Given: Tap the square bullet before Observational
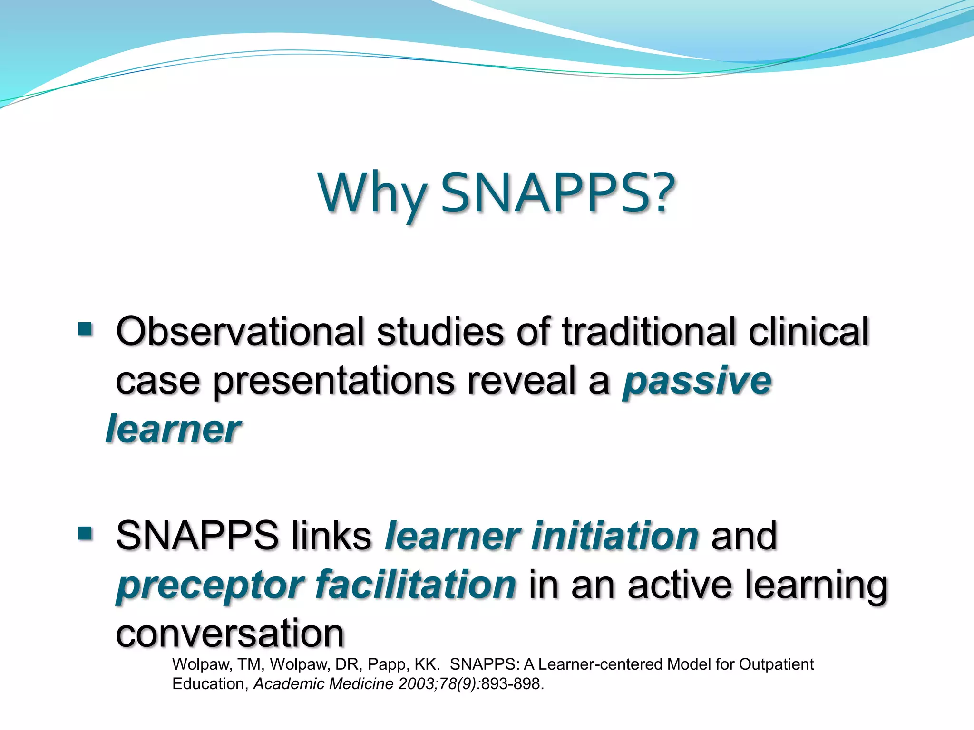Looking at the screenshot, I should [85, 329].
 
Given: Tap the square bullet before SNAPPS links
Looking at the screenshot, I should [85, 533].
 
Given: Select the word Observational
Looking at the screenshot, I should [240, 331].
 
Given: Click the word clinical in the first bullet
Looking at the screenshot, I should [808, 331].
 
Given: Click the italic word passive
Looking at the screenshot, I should [697, 381].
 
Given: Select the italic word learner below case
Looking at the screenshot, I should [173, 429].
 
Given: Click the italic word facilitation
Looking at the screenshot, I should [415, 584].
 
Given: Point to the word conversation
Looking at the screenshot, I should [230, 633].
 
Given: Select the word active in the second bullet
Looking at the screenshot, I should [680, 584].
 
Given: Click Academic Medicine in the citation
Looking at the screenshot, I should [323, 684].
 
